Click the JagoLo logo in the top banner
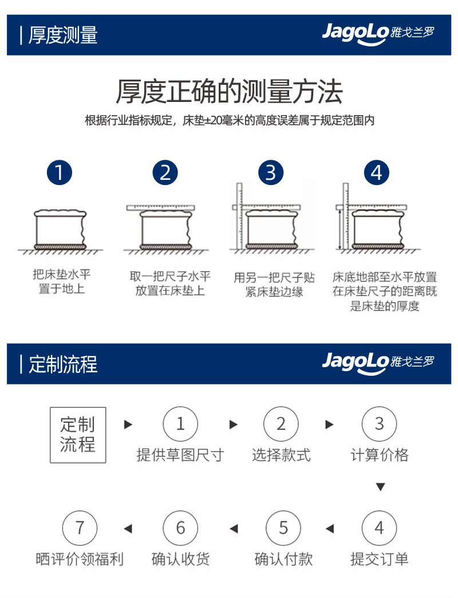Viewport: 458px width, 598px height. [x=378, y=34]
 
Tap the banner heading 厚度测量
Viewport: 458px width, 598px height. [x=63, y=35]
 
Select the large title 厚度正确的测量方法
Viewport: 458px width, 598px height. [x=229, y=92]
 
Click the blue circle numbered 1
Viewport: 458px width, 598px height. [x=60, y=172]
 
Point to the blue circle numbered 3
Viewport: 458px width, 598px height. [x=271, y=172]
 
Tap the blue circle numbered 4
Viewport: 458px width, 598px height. [x=377, y=172]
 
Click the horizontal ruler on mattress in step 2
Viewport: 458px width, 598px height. [x=160, y=207]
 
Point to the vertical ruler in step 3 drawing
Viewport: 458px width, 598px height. [x=239, y=216]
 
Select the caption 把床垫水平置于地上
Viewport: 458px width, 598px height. [x=61, y=281]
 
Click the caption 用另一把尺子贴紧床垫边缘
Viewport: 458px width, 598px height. [x=274, y=285]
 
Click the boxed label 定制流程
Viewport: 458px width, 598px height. [x=78, y=435]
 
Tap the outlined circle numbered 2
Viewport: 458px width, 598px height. [x=281, y=424]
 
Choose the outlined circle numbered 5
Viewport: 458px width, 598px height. [x=283, y=528]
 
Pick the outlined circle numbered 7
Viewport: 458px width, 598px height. [x=80, y=528]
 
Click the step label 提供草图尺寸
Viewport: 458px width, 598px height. [x=180, y=455]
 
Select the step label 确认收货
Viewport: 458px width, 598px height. [x=180, y=559]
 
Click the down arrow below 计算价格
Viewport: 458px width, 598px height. [x=380, y=487]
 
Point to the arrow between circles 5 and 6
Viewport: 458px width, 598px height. [x=234, y=529]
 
